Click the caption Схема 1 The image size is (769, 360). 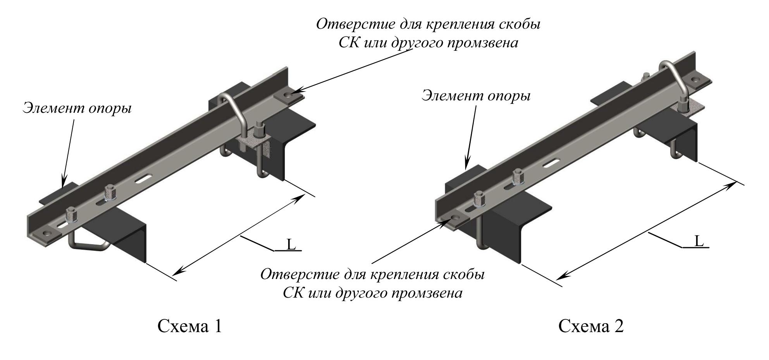click(190, 326)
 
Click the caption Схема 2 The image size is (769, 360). click(591, 326)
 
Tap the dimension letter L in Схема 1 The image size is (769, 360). click(291, 244)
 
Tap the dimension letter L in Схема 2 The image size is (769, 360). click(698, 241)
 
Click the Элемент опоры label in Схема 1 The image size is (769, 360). click(77, 108)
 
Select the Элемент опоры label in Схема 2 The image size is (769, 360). click(476, 95)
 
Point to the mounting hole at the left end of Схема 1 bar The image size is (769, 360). click(47, 233)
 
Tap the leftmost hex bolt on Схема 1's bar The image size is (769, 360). click(71, 214)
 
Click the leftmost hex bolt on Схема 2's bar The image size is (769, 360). click(479, 199)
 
